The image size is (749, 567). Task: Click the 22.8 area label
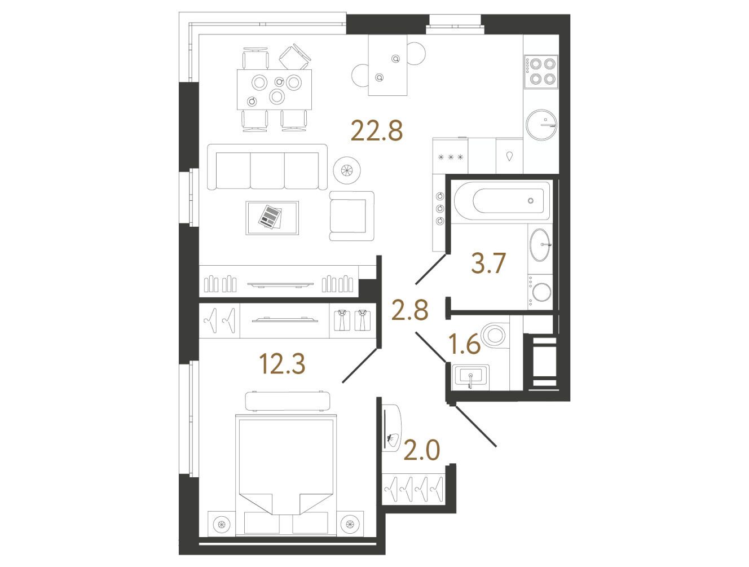coord(376,131)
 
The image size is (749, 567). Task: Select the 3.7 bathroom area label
coord(488,263)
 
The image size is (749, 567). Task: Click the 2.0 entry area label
coord(422,451)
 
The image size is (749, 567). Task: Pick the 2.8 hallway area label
coord(410,310)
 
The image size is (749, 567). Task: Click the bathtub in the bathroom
coord(502,201)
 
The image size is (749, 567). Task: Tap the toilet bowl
coord(494,336)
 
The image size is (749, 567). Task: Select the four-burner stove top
coord(541,71)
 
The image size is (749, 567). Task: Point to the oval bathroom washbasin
coord(540,245)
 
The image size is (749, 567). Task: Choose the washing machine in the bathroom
coord(540,292)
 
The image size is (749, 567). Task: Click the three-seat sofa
coord(267,167)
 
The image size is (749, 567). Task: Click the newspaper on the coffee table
coord(271,217)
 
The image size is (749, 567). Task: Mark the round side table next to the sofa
coord(347,170)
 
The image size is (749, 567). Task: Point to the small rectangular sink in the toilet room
coord(470,378)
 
